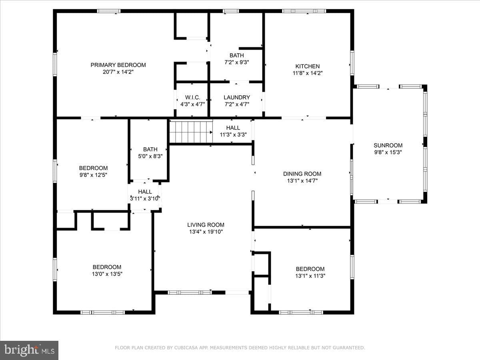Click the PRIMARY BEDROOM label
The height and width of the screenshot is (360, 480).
click(118, 65)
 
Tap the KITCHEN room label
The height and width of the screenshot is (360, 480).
click(308, 66)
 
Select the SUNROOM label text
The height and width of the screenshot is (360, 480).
click(388, 145)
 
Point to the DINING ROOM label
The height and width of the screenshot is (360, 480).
click(302, 174)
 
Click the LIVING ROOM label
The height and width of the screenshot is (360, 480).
click(206, 225)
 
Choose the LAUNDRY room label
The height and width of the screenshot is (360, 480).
click(237, 97)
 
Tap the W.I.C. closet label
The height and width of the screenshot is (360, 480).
click(192, 97)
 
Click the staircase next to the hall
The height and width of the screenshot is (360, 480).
click(191, 132)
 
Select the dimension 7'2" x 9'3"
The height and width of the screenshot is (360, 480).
click(237, 62)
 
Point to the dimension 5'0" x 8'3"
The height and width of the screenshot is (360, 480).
click(150, 156)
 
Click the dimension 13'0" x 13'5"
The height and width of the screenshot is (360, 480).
click(107, 274)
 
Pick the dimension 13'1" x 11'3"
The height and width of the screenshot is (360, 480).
click(310, 276)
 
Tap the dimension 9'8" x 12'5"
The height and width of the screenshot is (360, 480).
click(93, 175)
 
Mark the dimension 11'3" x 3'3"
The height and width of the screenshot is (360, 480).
click(233, 135)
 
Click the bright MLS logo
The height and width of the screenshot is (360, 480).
click(29, 350)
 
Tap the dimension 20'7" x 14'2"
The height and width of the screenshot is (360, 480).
click(118, 72)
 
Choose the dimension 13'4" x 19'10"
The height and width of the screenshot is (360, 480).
click(206, 232)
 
